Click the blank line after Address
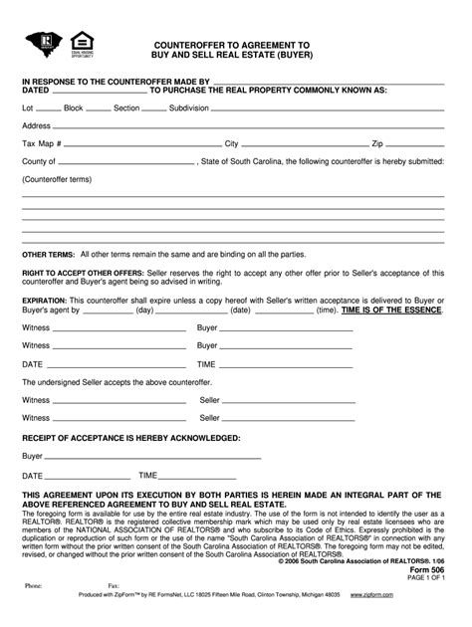249,127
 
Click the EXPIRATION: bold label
48,298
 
